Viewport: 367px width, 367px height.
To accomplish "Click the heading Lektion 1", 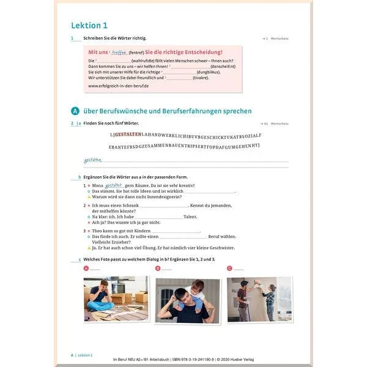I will point(89,25).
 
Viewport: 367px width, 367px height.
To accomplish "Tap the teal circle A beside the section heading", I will point(75,111).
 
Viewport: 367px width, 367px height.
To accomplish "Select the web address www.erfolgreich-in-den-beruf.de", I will point(119,86).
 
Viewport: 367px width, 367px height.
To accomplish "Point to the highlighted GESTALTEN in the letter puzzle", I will point(128,134).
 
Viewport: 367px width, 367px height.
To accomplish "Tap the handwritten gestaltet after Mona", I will point(114,185).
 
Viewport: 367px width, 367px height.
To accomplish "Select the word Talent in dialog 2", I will point(190,217).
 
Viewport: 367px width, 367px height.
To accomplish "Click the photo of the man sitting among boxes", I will point(116,298).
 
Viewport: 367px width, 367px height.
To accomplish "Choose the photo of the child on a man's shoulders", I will point(188,300).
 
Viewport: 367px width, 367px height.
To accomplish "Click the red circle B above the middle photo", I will point(158,268).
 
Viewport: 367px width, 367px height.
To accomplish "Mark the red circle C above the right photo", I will point(229,268).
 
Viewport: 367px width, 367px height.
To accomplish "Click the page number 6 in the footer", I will point(72,354).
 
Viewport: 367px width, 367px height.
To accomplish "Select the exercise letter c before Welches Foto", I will point(80,259).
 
